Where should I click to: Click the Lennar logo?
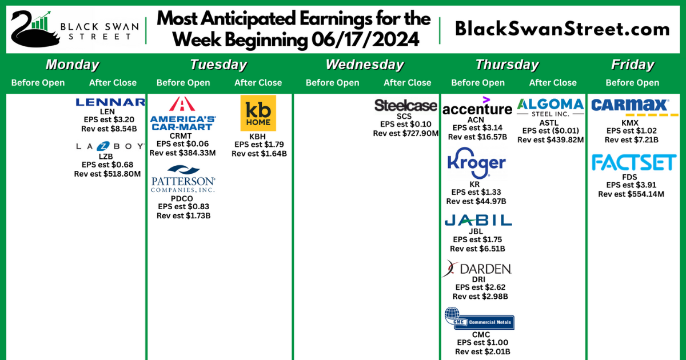point(110,102)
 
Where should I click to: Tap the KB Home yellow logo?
point(258,113)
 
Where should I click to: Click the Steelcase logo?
point(405,105)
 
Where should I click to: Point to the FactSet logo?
point(633,163)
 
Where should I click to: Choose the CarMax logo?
point(630,105)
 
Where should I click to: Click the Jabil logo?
point(478,220)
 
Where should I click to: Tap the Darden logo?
point(477,269)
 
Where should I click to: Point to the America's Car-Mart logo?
point(182,114)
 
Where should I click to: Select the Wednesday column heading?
point(364,65)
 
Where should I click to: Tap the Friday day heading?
point(632,65)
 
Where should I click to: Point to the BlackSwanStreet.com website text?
point(562,29)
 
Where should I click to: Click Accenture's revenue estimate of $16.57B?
point(477,137)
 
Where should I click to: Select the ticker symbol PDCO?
point(182,198)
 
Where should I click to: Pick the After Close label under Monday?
point(113,83)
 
